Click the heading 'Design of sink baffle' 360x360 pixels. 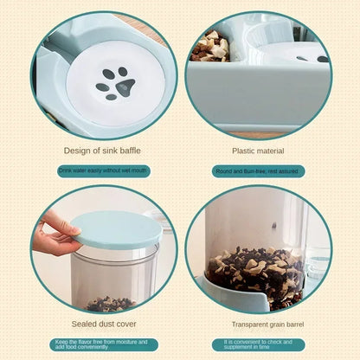tap(104, 150)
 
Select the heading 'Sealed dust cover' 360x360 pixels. tap(103, 325)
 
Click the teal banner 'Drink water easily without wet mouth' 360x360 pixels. tap(104, 170)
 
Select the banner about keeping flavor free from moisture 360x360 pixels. tap(104, 344)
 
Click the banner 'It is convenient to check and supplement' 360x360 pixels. tap(257, 344)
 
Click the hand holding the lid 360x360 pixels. tap(58, 235)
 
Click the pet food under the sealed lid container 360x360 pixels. tap(110, 303)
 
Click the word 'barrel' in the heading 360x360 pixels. tap(291, 325)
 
